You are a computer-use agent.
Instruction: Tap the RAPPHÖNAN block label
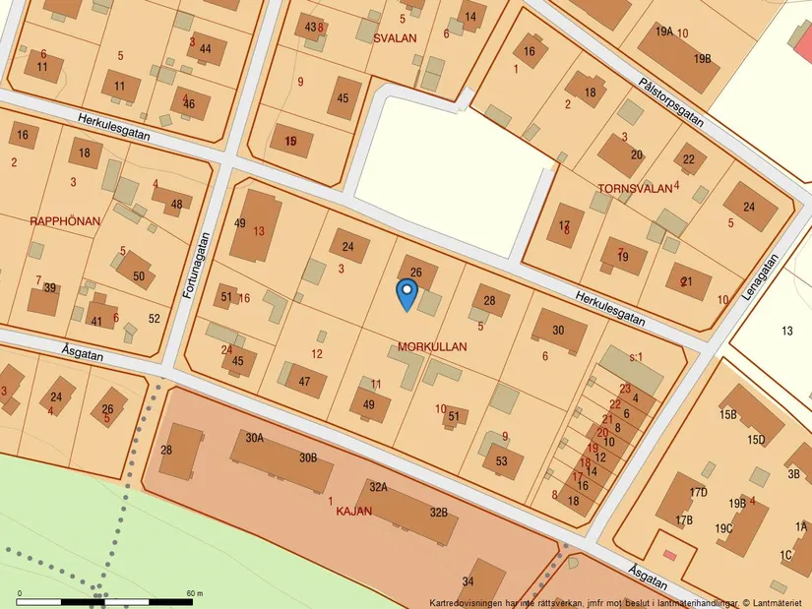click(x=65, y=221)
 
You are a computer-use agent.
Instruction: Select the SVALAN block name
click(x=396, y=38)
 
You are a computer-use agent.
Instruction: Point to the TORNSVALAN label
click(x=635, y=187)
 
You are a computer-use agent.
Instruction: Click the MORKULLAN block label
click(x=432, y=347)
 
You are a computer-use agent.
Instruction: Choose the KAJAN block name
click(x=354, y=511)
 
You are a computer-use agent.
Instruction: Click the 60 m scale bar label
click(x=194, y=593)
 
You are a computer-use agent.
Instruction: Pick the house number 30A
click(x=255, y=438)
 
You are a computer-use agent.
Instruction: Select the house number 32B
click(x=439, y=512)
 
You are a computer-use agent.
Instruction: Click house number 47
click(x=305, y=382)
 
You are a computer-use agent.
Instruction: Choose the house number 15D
click(x=756, y=439)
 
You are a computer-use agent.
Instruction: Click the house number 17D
click(x=698, y=492)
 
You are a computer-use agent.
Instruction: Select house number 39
click(x=49, y=288)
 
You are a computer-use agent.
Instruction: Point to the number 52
click(x=154, y=319)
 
